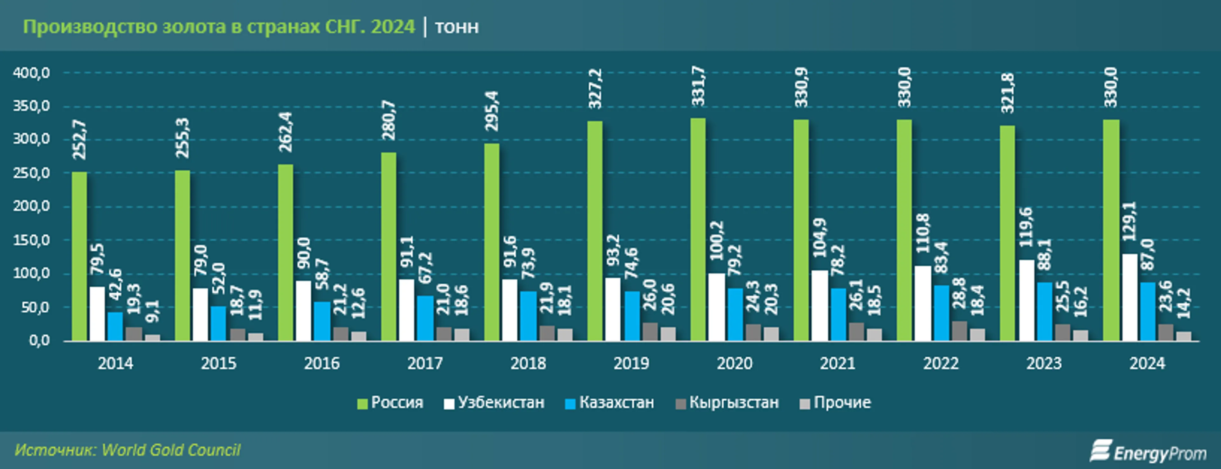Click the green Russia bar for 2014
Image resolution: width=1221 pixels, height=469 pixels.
pyautogui.click(x=79, y=256)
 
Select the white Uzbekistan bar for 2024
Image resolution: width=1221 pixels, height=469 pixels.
pyautogui.click(x=1130, y=297)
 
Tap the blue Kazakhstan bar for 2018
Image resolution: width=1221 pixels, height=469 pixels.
pyautogui.click(x=528, y=316)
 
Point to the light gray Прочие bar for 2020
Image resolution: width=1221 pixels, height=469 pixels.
pyautogui.click(x=771, y=334)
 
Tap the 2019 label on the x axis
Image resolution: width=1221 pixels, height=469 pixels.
pyautogui.click(x=631, y=364)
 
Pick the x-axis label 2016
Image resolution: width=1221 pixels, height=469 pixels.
pyautogui.click(x=322, y=364)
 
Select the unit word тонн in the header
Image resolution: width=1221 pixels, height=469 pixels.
pyautogui.click(x=457, y=27)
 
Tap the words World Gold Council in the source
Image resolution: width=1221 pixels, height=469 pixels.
pyautogui.click(x=171, y=450)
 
